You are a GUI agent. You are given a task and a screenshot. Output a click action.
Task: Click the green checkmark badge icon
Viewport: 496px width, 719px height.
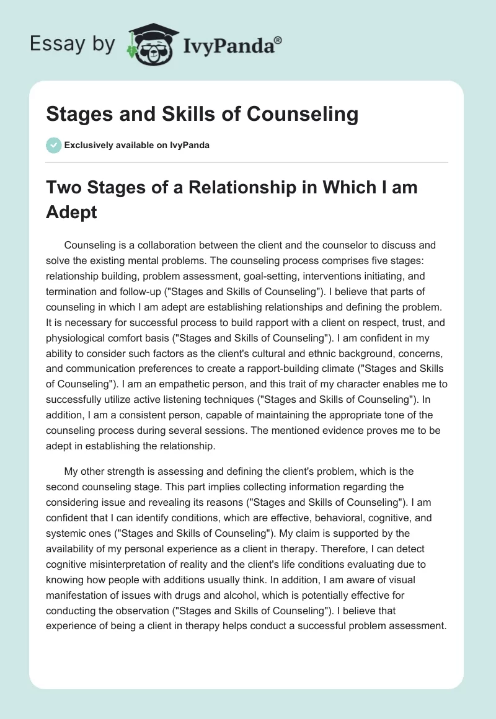click(x=53, y=145)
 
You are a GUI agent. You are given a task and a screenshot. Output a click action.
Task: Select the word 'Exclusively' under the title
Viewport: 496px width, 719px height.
click(x=88, y=145)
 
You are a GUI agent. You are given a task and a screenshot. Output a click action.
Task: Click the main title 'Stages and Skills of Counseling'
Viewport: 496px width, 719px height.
click(x=202, y=114)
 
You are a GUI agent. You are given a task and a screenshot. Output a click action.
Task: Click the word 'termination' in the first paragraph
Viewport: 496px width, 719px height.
click(x=73, y=291)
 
